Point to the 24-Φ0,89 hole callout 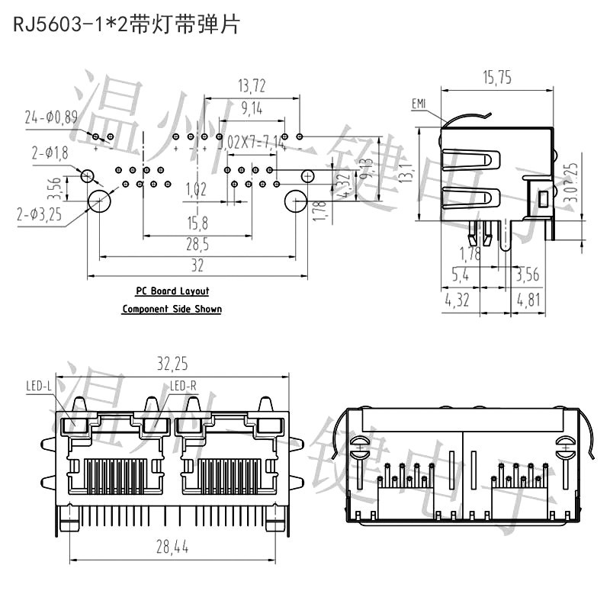click(x=51, y=117)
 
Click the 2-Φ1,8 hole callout click(x=50, y=153)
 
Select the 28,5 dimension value click(x=197, y=244)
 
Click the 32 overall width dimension click(x=197, y=265)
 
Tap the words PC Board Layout click(x=172, y=291)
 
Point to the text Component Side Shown click(x=172, y=309)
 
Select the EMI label click(x=419, y=104)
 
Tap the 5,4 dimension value click(x=461, y=274)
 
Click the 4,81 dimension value click(x=527, y=300)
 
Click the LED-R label click(x=183, y=387)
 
